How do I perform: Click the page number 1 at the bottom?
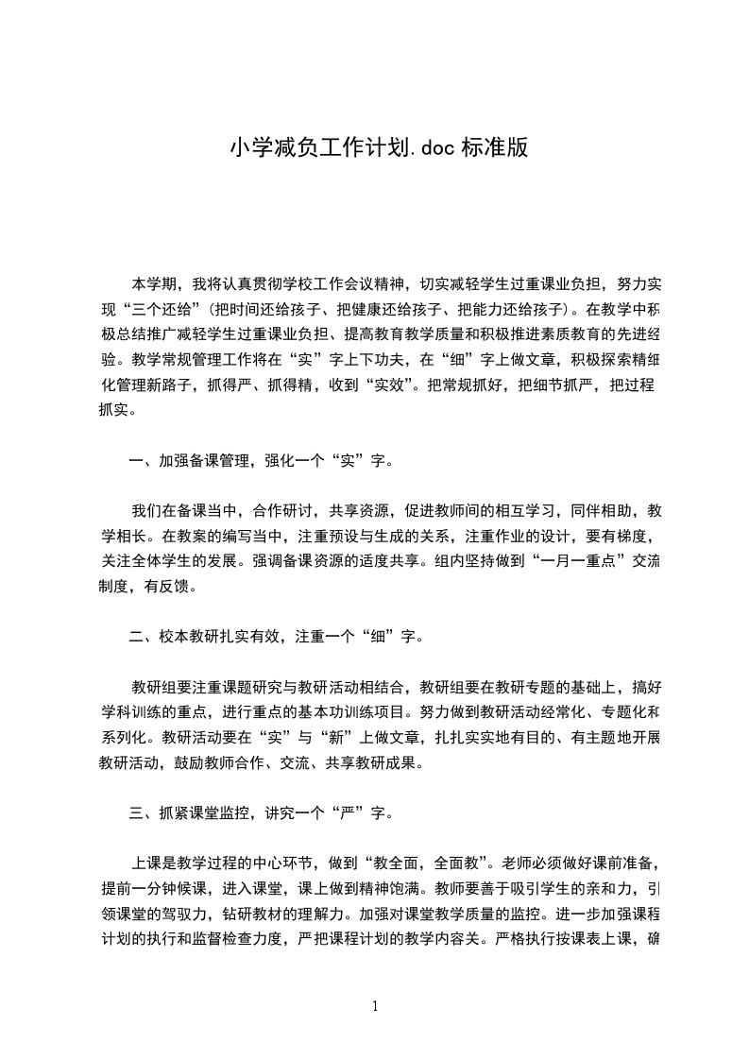point(375,1006)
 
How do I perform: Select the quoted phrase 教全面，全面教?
point(447,863)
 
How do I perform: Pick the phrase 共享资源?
point(358,511)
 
